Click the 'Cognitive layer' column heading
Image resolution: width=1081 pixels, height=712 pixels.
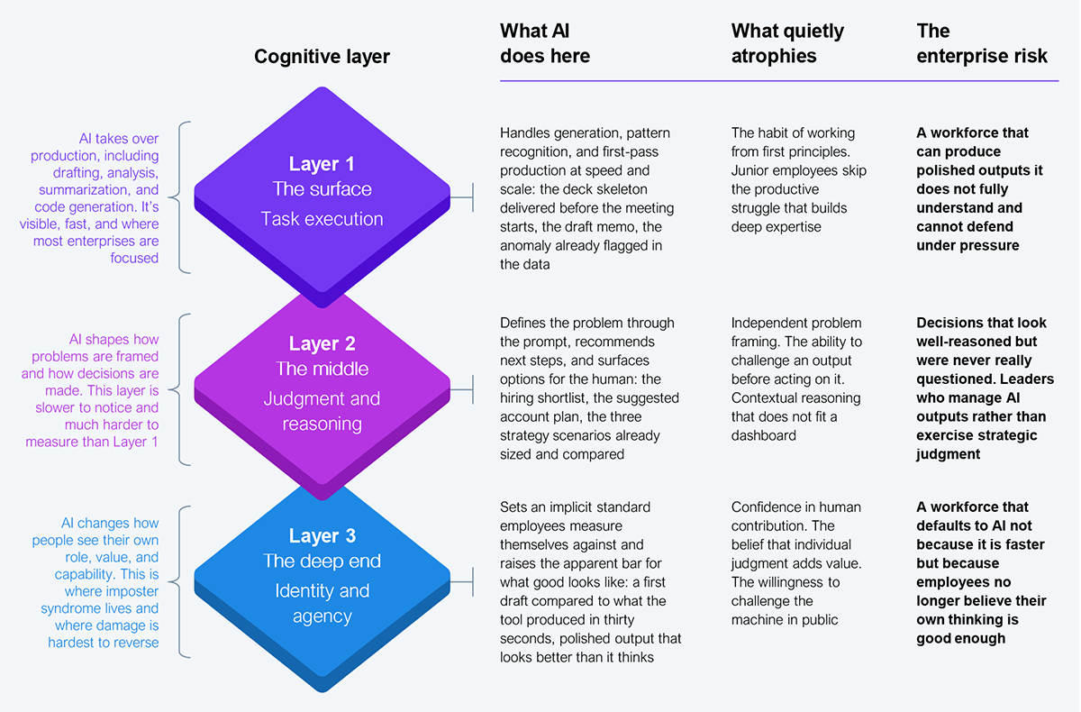[322, 57]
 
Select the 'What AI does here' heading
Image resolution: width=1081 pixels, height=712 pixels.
[545, 43]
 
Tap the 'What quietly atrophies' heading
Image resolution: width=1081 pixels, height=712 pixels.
[787, 43]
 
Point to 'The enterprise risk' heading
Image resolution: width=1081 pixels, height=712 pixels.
[982, 43]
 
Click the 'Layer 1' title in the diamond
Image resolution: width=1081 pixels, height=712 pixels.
[322, 164]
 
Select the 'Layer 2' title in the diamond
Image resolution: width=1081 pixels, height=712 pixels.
[322, 343]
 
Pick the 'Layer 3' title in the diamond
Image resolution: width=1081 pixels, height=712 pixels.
[322, 536]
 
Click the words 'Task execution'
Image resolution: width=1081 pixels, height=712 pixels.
[322, 218]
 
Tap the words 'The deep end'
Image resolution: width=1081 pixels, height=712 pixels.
[322, 561]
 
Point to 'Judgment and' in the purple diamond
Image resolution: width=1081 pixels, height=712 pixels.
[322, 398]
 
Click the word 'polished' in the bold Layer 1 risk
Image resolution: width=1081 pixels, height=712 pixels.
[944, 170]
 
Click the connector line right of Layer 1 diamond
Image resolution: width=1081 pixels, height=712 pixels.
[461, 196]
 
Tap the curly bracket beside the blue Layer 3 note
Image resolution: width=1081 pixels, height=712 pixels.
[184, 581]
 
